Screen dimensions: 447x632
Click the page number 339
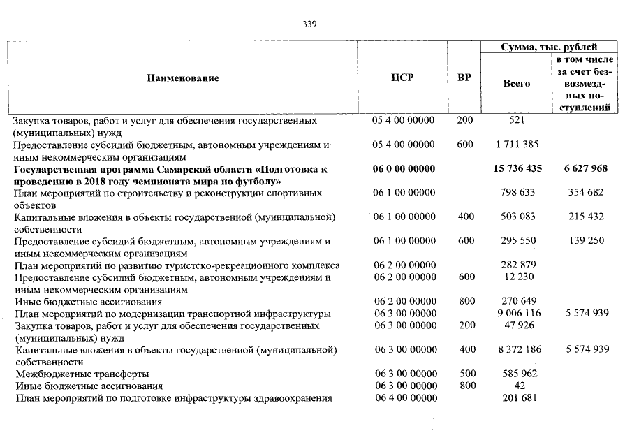[x=310, y=24]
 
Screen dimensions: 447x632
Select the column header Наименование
[x=183, y=78]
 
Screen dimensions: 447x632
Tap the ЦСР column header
[x=403, y=78]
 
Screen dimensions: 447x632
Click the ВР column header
[x=464, y=78]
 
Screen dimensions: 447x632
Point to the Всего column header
[x=517, y=83]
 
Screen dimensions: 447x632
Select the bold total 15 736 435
[x=517, y=169]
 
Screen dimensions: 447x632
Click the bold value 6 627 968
[x=585, y=169]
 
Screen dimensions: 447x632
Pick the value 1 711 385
[x=517, y=145]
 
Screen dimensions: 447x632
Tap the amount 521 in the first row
[x=517, y=120]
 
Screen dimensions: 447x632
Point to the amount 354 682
[x=587, y=193]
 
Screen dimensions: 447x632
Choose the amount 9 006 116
[x=517, y=314]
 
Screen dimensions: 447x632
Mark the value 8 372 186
[x=517, y=349]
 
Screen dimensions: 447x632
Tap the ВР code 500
[x=465, y=374]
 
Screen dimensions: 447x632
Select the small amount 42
[x=517, y=386]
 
